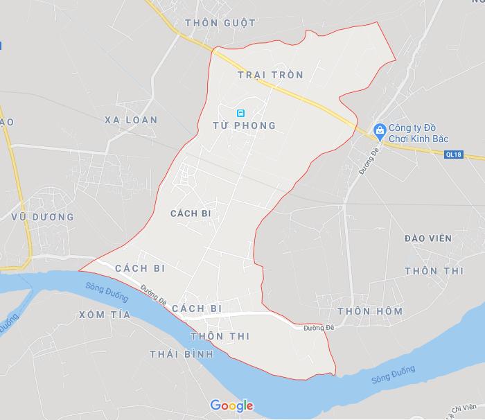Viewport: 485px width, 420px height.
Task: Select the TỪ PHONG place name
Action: tap(245, 125)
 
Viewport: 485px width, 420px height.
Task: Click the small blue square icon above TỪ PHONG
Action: tap(240, 112)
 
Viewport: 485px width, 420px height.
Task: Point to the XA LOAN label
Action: tap(131, 120)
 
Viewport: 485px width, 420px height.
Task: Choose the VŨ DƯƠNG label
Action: tap(43, 217)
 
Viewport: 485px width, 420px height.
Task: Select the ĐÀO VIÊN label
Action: tap(427, 238)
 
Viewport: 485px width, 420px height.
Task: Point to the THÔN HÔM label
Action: tap(369, 311)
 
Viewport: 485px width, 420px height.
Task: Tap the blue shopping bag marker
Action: tap(379, 130)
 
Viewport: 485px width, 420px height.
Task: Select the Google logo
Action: tap(231, 405)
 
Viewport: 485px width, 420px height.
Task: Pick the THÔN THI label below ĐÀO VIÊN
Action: tap(434, 271)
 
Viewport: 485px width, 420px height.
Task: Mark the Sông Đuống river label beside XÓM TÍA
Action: tap(108, 292)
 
